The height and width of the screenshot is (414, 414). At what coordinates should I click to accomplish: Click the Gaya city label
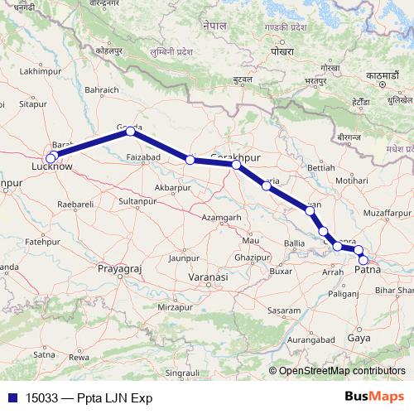click(x=359, y=339)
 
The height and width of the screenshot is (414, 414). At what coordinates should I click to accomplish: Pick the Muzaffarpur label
click(x=387, y=213)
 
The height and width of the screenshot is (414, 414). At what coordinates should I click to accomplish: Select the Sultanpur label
click(x=137, y=201)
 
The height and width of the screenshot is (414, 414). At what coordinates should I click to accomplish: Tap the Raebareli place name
click(x=74, y=203)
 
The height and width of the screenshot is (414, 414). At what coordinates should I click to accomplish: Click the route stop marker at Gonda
click(x=130, y=132)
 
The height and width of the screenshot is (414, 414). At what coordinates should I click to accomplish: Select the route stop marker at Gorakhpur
click(x=236, y=166)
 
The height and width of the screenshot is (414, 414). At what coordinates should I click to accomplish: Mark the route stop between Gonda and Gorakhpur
click(x=190, y=160)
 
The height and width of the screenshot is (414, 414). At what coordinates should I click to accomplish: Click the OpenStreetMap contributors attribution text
click(x=341, y=371)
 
